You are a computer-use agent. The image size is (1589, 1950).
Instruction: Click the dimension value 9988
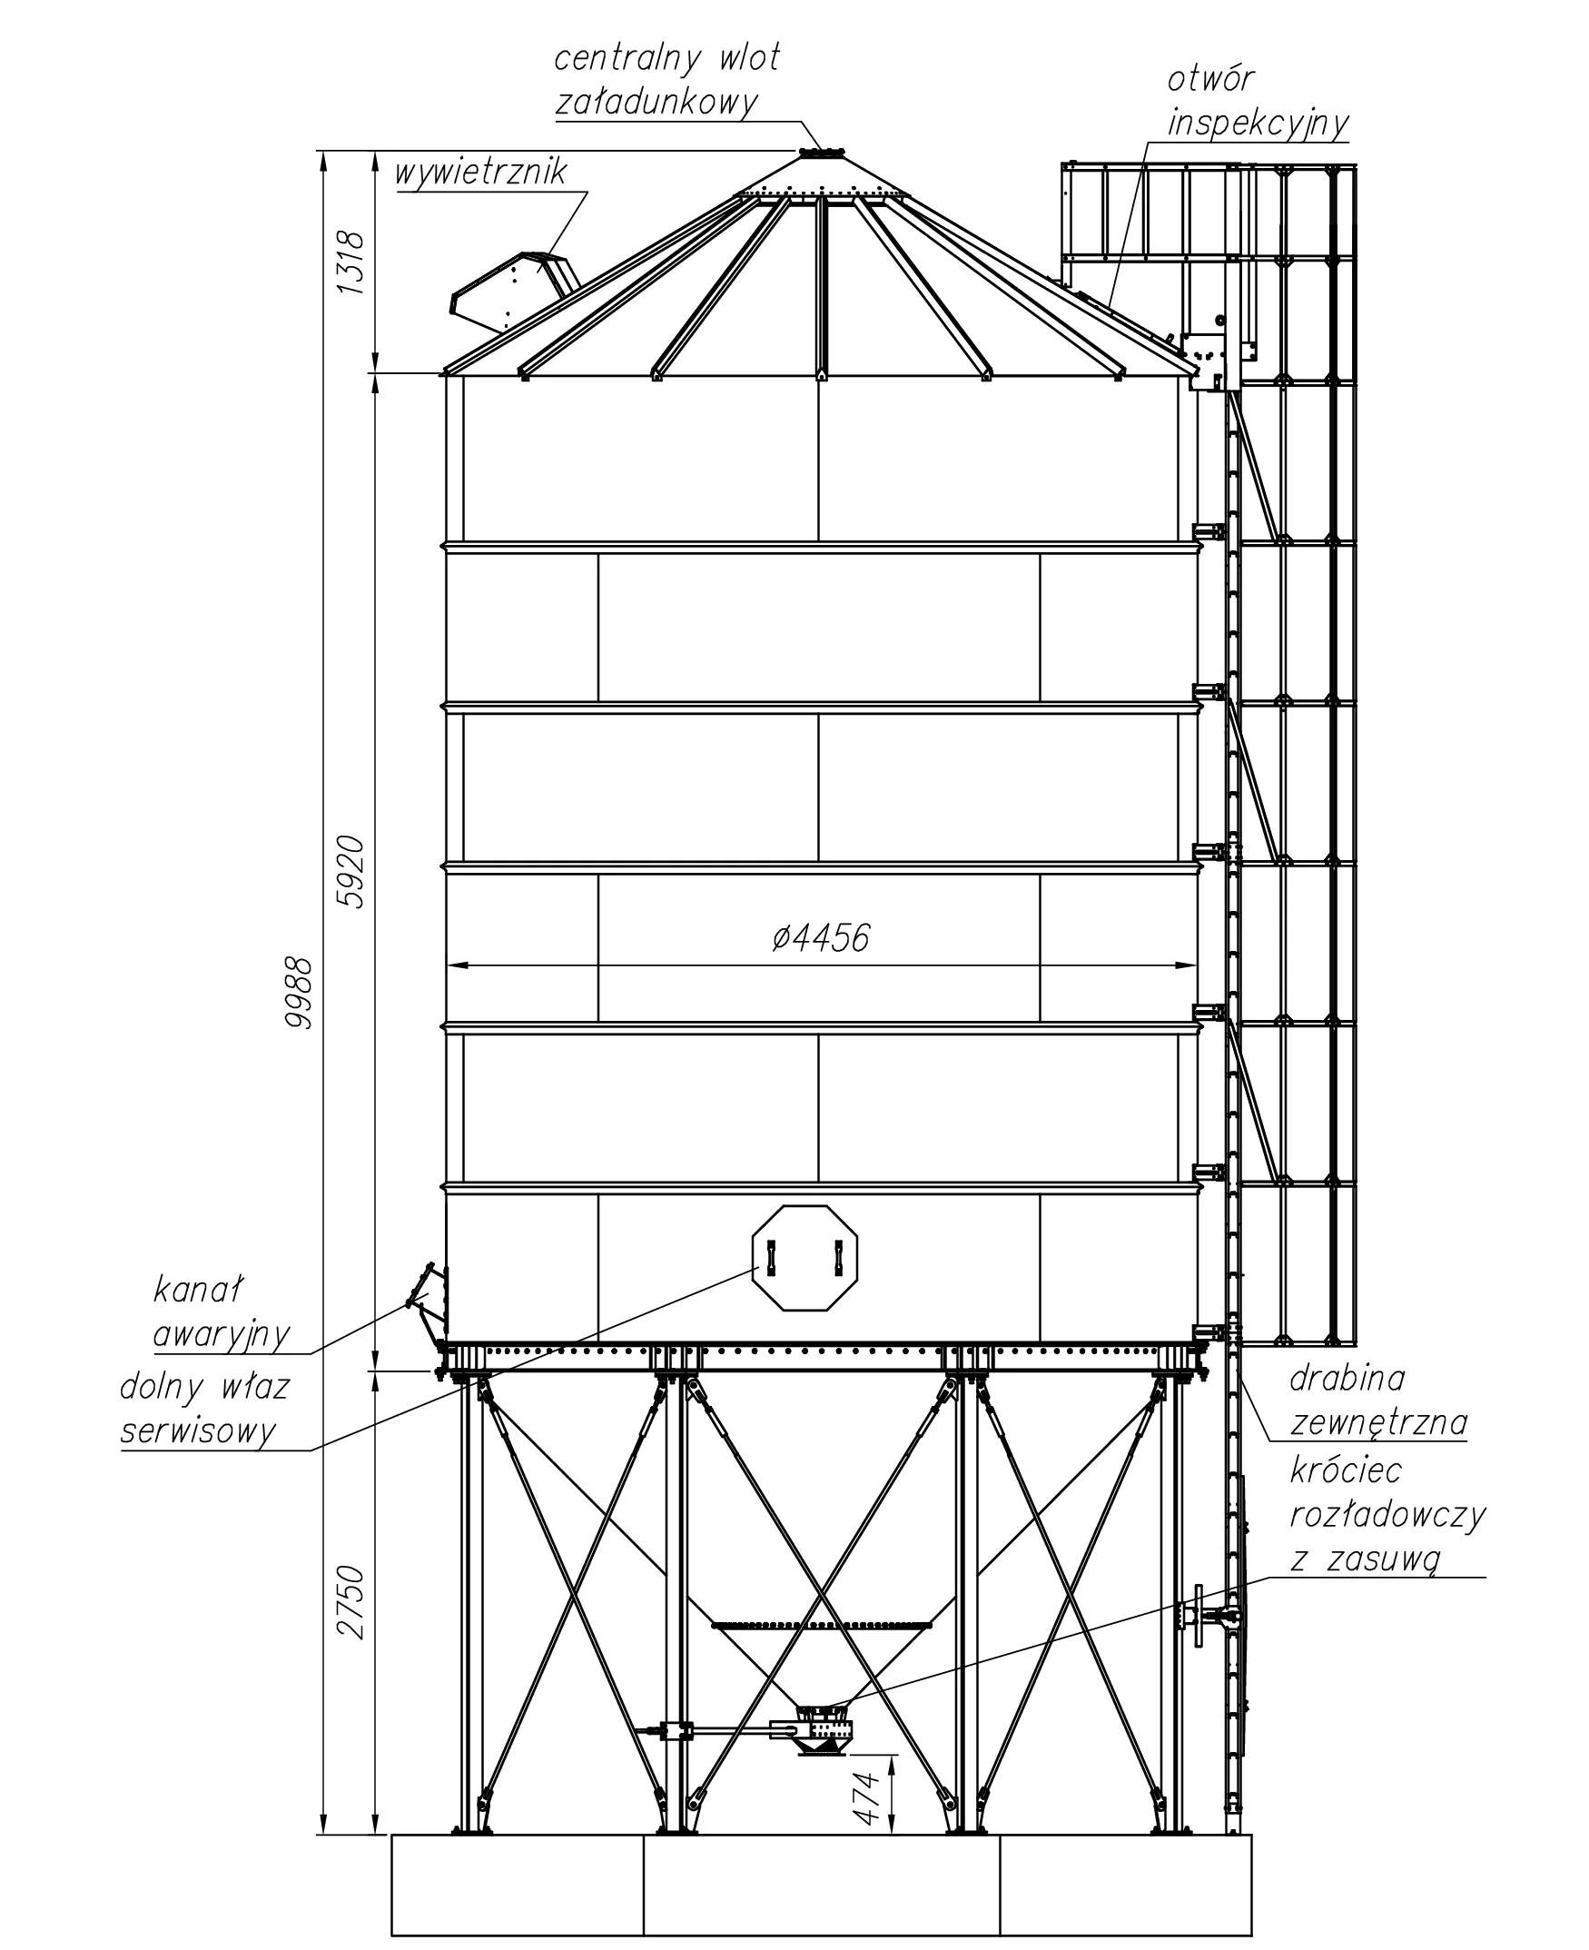pyautogui.click(x=299, y=993)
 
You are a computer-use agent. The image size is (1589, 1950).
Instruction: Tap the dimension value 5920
pyautogui.click(x=350, y=872)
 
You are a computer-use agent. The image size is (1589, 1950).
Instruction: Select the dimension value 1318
pyautogui.click(x=350, y=262)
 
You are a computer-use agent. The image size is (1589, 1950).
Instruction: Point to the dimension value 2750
pyautogui.click(x=350, y=1603)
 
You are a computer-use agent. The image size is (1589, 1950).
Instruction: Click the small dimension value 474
pyautogui.click(x=866, y=1798)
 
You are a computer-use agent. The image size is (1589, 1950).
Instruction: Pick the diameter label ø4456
pyautogui.click(x=820, y=937)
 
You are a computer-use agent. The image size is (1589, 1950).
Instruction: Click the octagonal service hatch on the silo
pyautogui.click(x=804, y=1258)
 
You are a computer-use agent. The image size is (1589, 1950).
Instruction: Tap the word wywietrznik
pyautogui.click(x=480, y=173)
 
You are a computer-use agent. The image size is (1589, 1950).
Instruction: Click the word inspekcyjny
pyautogui.click(x=1258, y=124)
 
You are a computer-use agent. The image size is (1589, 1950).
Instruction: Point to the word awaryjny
pyautogui.click(x=222, y=1335)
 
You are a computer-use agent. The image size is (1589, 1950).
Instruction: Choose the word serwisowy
pyautogui.click(x=198, y=1430)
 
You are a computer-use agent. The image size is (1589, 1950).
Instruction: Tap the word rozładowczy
pyautogui.click(x=1387, y=1515)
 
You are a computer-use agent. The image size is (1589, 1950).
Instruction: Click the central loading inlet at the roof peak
pyautogui.click(x=821, y=153)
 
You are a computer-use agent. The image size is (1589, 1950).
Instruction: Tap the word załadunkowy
pyautogui.click(x=656, y=102)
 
